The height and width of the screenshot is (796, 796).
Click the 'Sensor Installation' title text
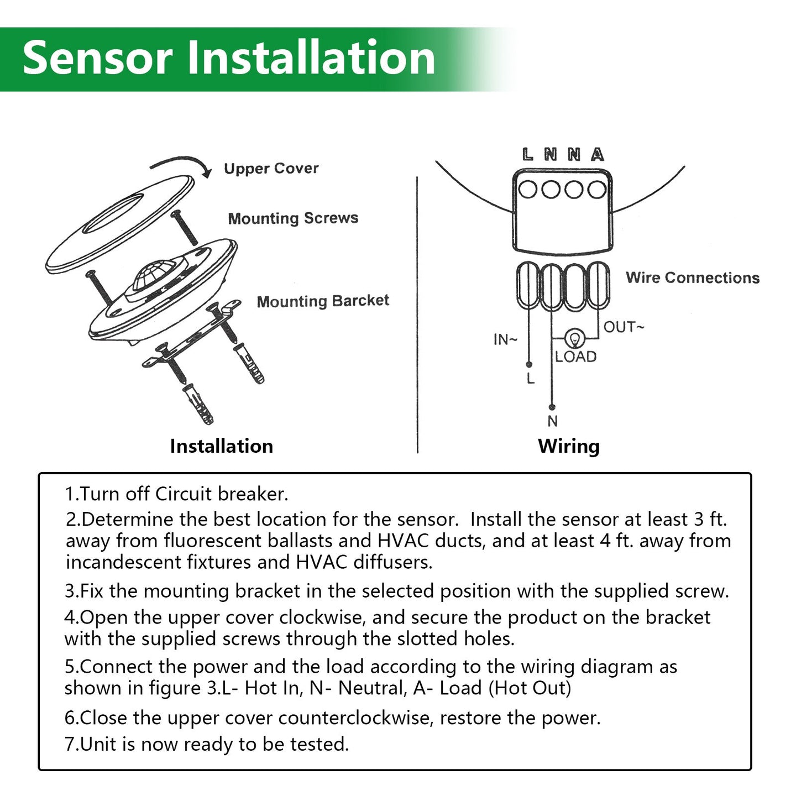[229, 59]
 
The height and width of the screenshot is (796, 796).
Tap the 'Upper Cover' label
[271, 169]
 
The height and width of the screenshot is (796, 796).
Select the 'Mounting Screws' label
[293, 218]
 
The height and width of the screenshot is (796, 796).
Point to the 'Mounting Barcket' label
[323, 301]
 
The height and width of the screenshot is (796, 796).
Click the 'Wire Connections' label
[693, 277]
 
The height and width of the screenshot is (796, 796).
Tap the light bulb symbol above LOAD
[575, 338]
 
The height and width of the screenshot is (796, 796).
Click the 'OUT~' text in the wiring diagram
[624, 327]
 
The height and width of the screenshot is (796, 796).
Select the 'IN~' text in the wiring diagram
[505, 339]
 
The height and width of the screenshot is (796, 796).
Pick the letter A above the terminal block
[597, 155]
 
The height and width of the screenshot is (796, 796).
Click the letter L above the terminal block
[528, 155]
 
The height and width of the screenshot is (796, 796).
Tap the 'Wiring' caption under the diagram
[569, 446]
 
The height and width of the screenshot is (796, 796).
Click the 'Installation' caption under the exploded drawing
[221, 446]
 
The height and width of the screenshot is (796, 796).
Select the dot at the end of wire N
[552, 407]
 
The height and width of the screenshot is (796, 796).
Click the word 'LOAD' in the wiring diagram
[576, 357]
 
